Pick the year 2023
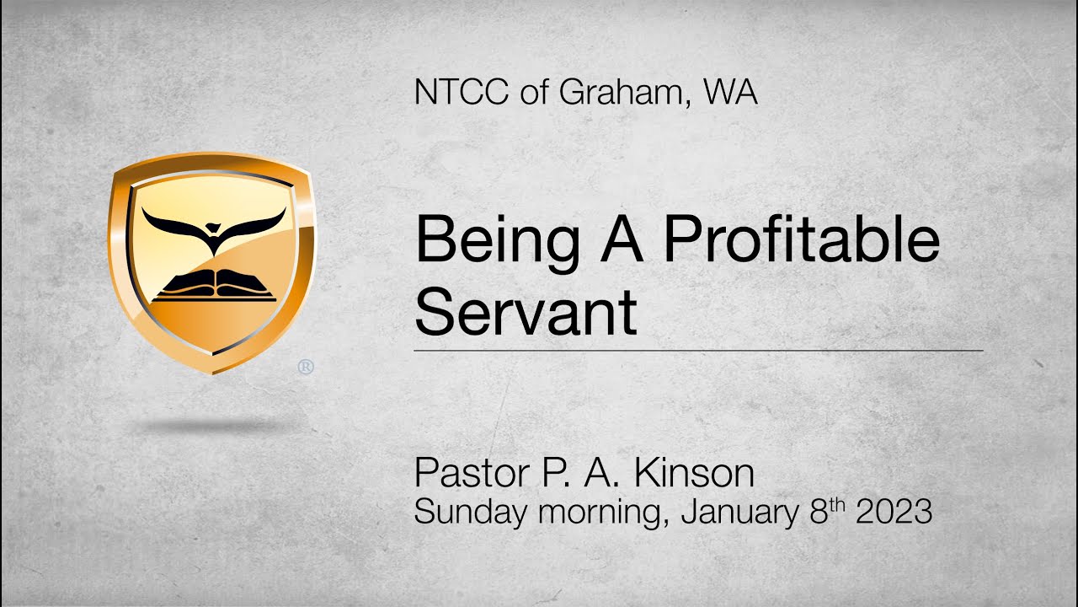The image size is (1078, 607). (x=894, y=512)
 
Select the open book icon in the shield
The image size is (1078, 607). (x=214, y=287)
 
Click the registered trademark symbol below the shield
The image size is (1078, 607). (x=306, y=367)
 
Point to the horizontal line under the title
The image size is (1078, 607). (x=698, y=349)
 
